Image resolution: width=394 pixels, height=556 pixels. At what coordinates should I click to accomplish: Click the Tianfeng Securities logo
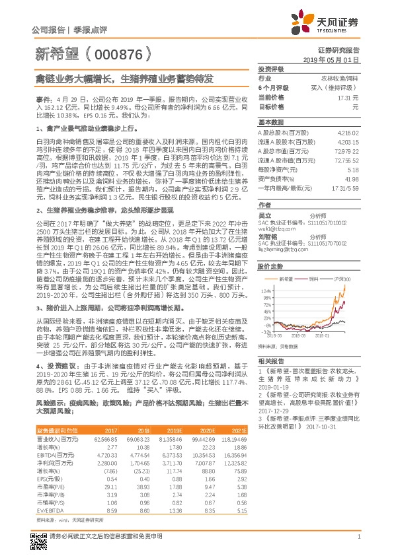[338, 23]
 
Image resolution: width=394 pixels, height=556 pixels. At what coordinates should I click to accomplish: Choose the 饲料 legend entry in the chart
[323, 281]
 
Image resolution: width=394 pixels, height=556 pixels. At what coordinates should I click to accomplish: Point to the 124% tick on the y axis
[266, 290]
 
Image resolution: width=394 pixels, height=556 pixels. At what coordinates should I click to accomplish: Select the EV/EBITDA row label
[49, 492]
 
